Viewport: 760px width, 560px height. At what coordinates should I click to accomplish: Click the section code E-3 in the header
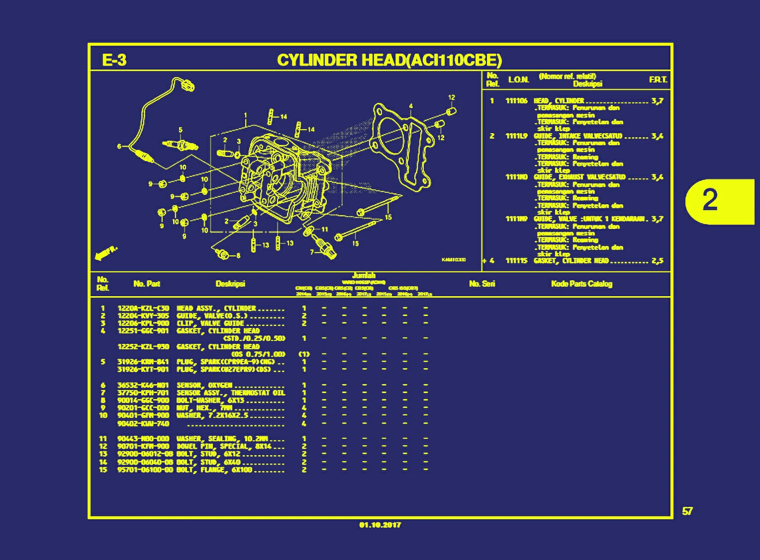click(x=114, y=60)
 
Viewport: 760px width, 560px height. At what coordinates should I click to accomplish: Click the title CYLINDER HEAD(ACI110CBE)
click(x=389, y=60)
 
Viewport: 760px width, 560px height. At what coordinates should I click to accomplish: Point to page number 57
click(x=687, y=511)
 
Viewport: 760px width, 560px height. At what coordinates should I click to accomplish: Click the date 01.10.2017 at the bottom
click(x=380, y=525)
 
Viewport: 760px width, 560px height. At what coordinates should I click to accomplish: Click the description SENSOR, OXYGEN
click(x=204, y=385)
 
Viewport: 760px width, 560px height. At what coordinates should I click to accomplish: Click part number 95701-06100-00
click(x=145, y=470)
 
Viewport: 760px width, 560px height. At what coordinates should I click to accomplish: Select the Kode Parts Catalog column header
click(x=581, y=284)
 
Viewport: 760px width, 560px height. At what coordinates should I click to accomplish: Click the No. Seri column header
click(x=481, y=284)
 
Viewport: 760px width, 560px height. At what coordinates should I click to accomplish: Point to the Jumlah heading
click(x=364, y=276)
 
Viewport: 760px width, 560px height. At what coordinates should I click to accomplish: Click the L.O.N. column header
click(x=518, y=80)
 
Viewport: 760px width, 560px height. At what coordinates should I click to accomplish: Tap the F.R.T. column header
click(x=658, y=80)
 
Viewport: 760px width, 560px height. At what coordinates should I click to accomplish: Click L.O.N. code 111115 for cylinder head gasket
click(x=516, y=261)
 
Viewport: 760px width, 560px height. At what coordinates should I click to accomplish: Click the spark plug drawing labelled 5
click(x=180, y=145)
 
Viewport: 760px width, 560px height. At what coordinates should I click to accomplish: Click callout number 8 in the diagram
click(x=238, y=256)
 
